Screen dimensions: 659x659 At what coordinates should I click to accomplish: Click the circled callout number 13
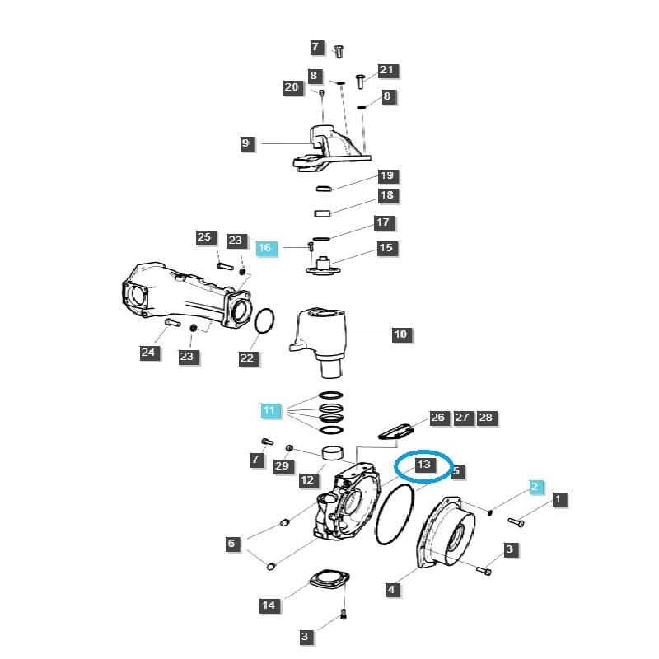point(423,465)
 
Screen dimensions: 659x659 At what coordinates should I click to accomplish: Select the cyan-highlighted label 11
point(269,409)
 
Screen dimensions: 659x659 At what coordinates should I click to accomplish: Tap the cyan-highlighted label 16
point(264,248)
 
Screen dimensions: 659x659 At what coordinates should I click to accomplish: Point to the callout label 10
point(400,334)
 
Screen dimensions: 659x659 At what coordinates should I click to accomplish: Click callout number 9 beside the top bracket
point(245,143)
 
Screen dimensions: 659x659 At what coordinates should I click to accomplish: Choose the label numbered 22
point(247,358)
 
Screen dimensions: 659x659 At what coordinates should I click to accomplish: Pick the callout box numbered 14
point(269,605)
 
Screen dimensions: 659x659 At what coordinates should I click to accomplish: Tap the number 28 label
point(485,418)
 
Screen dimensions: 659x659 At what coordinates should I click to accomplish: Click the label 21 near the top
point(386,71)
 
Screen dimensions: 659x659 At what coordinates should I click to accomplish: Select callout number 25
point(204,237)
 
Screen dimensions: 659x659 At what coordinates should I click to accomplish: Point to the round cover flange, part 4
point(449,535)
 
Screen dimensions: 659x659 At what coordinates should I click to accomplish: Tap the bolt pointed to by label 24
point(171,322)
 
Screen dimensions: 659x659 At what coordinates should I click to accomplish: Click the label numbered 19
point(386,175)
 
